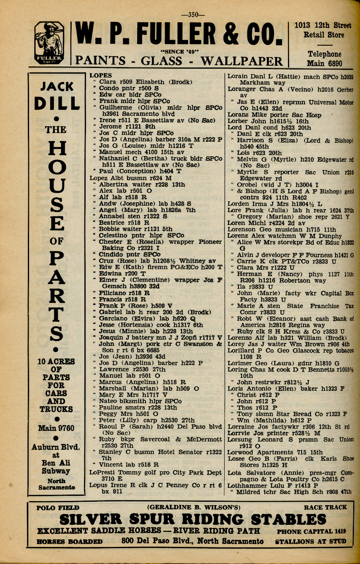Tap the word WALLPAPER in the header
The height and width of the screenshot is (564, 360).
point(241,61)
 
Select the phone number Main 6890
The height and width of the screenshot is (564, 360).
point(324,63)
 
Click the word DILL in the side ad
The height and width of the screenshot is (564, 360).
point(57,103)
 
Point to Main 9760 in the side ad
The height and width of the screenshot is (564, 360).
point(56,428)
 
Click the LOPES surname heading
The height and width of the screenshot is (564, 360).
point(101,75)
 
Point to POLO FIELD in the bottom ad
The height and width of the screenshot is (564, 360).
point(58,508)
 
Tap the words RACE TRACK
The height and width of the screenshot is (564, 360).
point(325,508)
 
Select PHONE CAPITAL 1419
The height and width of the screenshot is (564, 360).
point(311,532)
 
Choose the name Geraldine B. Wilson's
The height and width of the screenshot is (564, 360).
point(194,508)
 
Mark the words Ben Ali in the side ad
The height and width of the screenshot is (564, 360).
point(56,463)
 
